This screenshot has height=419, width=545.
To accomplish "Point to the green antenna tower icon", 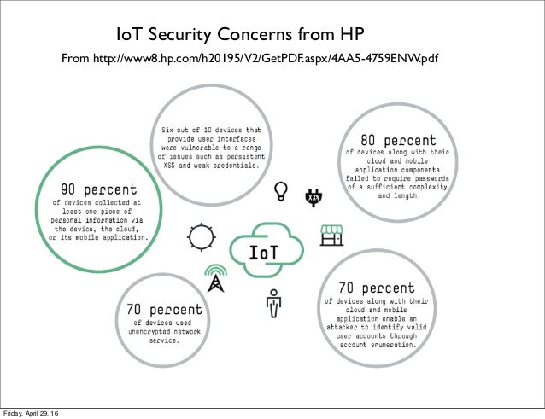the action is [215, 276].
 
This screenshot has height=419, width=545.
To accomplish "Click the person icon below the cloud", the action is [274, 302].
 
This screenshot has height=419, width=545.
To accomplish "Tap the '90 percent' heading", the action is [99, 189].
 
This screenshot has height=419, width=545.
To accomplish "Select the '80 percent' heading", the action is [397, 139].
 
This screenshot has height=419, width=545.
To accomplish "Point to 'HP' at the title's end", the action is [354, 36].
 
